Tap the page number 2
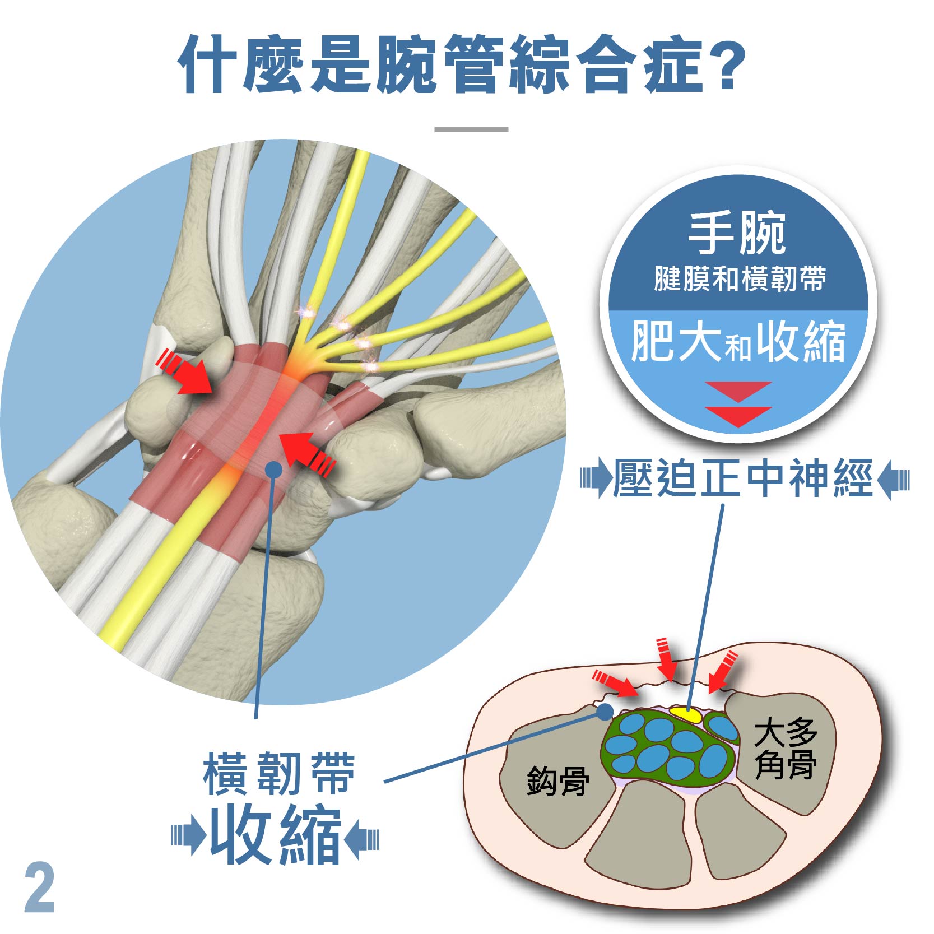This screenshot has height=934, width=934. coord(40,889)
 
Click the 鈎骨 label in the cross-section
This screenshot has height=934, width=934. coord(557,781)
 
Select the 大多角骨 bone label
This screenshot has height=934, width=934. coord(785,749)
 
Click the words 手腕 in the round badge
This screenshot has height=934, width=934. coord(737,234)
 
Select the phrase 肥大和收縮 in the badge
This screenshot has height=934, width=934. coord(738,342)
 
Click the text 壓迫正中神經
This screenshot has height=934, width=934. coord(743,478)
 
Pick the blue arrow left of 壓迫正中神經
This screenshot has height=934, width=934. coord(596,479)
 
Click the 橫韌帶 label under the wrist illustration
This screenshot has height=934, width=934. coord(278,774)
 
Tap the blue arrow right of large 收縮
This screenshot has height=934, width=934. coord(361,840)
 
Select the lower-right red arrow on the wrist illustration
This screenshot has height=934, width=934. coord(308,454)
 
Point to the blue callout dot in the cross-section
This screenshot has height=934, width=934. coord(605,712)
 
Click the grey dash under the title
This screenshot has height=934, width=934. coord(471,129)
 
